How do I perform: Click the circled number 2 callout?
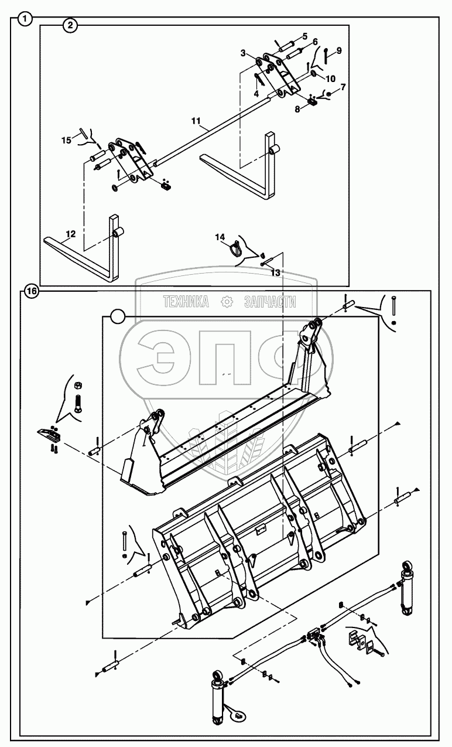pos(70,25)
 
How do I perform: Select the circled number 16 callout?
pos(31,291)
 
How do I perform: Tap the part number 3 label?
pos(243,53)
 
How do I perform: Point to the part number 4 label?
pos(256,93)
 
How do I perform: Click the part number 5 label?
pos(305,36)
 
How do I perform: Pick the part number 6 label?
pos(315,42)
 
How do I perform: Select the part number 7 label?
pos(343,87)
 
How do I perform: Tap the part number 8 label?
pos(297,108)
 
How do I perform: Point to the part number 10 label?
pos(331,79)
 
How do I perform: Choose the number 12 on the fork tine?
pos(70,234)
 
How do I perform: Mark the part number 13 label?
pos(275,272)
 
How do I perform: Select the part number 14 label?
pos(220,237)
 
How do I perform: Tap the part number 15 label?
pos(66,139)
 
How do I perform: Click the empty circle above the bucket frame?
pos(118,317)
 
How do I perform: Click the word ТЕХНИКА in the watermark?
pos(186,302)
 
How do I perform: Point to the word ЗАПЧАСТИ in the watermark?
pos(269,302)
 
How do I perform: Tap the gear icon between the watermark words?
pos(226,302)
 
